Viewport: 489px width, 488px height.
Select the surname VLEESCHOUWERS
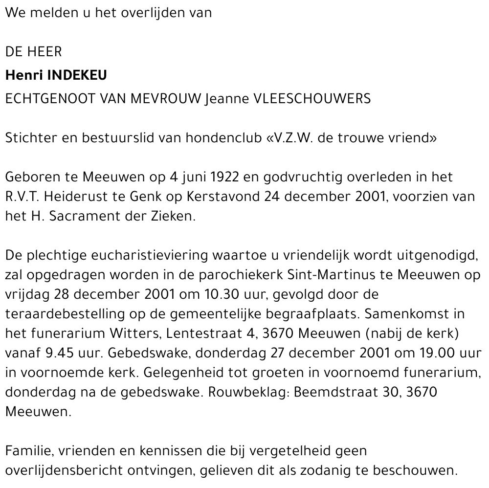click(x=311, y=99)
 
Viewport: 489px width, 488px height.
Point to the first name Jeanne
click(x=226, y=99)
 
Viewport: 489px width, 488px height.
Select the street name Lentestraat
click(x=203, y=333)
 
